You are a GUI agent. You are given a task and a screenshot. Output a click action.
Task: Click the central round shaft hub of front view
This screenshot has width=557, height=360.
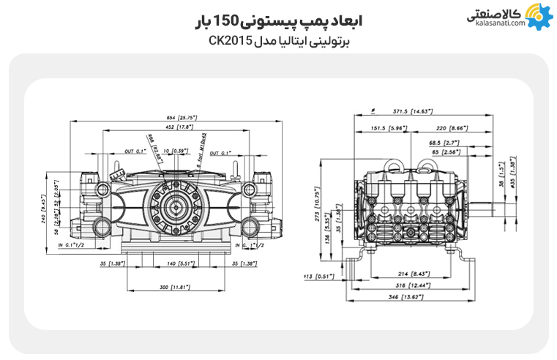tap(176, 209)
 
